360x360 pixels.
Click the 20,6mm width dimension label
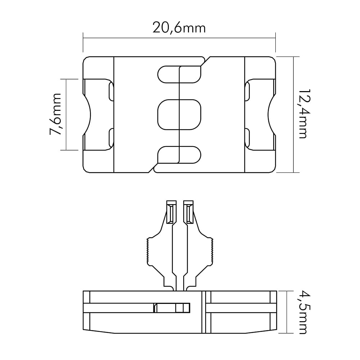point(179,28)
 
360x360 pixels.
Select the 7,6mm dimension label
point(55,114)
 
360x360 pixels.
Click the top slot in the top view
point(179,75)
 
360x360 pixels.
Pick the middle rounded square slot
point(179,114)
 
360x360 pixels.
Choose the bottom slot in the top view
point(179,155)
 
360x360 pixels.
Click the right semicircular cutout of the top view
point(271,114)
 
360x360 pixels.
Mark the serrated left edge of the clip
point(147,251)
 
